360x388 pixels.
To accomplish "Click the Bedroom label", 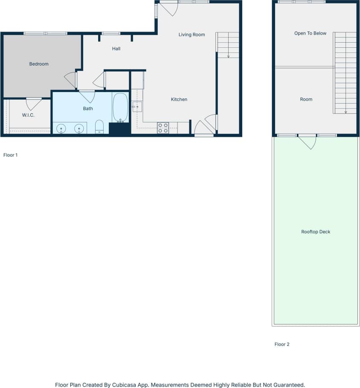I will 39,64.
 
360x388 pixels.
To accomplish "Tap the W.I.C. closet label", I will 28,115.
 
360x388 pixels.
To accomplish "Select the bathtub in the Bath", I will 120,107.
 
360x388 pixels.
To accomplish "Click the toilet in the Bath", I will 99,127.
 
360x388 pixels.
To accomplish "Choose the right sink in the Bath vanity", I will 79,128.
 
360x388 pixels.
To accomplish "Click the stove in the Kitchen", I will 163,128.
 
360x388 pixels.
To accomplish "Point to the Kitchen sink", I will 137,107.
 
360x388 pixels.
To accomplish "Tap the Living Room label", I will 192,35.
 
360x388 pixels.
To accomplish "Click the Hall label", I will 116,49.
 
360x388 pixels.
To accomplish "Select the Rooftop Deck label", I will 316,232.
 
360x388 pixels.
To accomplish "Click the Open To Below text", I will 310,33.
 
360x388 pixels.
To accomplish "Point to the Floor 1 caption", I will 10,155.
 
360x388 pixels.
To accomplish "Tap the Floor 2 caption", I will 282,345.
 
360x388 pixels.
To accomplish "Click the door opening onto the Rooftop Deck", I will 307,141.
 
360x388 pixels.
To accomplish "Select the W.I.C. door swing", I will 34,104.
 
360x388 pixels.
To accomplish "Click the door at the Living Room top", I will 169,9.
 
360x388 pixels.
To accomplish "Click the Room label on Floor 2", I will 306,99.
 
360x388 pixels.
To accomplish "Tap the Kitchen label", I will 179,99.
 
